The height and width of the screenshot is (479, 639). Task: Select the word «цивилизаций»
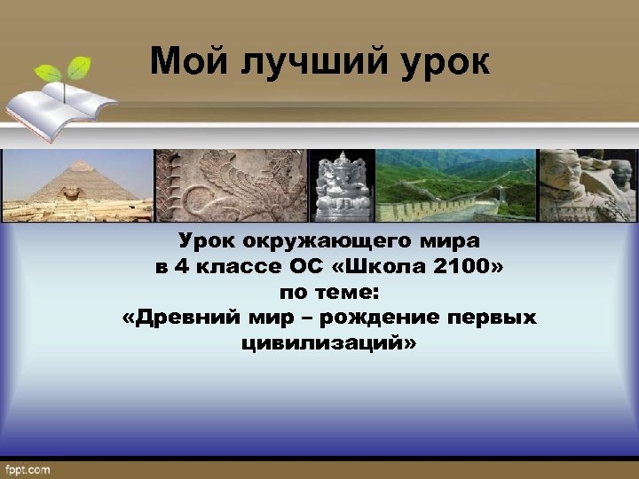click(x=327, y=342)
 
